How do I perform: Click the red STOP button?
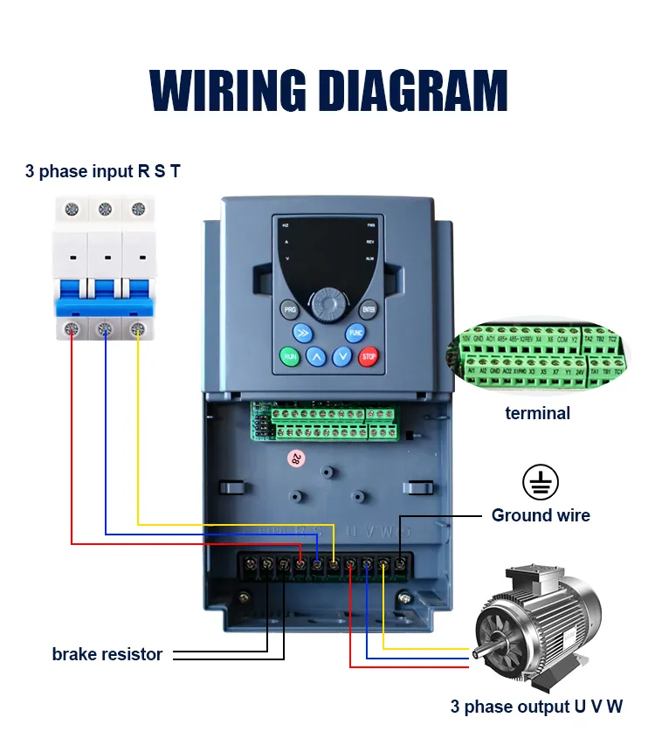(369, 356)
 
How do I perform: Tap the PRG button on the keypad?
(289, 309)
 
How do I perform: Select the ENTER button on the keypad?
(369, 309)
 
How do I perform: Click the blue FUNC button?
(355, 333)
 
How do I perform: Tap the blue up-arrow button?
(316, 356)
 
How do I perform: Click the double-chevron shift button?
(302, 333)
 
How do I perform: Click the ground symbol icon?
(540, 482)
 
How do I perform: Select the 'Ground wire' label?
(541, 515)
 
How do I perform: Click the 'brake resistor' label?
(107, 654)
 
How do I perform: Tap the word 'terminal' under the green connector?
(537, 413)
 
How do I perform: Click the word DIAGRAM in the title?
(410, 89)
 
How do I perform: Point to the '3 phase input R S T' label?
(103, 171)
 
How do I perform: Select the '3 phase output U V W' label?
(536, 707)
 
